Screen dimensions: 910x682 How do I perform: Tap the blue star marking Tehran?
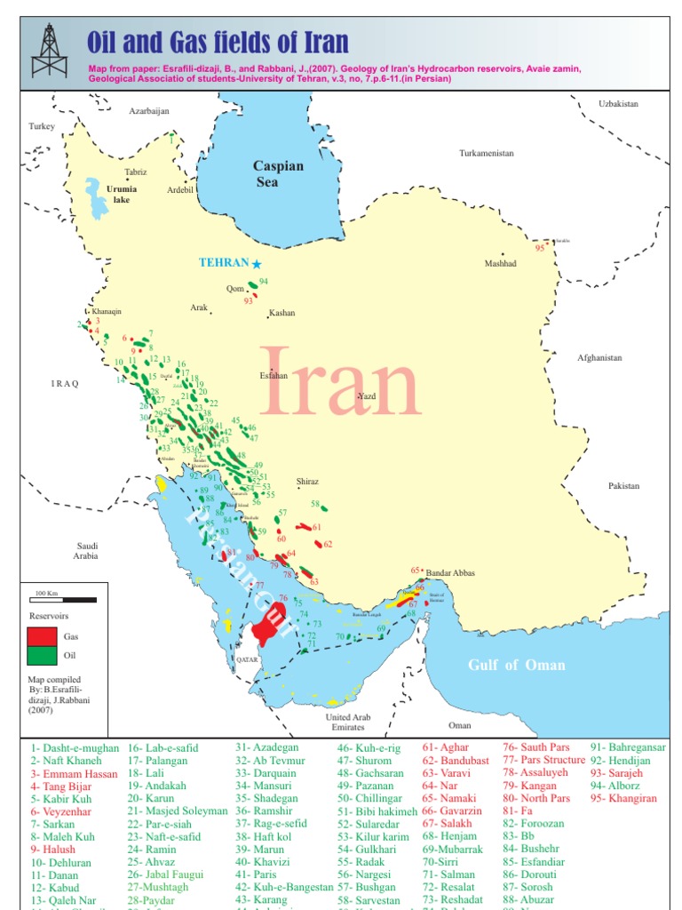[x=257, y=264]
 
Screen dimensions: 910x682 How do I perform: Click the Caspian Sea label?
[x=278, y=173]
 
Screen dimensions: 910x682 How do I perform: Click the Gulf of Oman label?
[x=517, y=665]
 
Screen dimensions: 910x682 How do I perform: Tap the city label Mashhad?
[x=500, y=263]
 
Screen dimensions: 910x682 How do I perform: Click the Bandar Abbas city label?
[x=451, y=573]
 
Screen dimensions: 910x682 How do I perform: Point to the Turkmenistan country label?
[x=486, y=153]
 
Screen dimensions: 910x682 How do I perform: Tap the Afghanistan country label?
[x=599, y=357]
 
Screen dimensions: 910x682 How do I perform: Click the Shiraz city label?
[x=307, y=481]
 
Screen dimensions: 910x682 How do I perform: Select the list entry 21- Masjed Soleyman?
[x=177, y=811]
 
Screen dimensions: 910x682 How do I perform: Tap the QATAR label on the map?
[x=248, y=661]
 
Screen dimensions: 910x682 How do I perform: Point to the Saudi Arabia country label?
[x=86, y=551]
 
